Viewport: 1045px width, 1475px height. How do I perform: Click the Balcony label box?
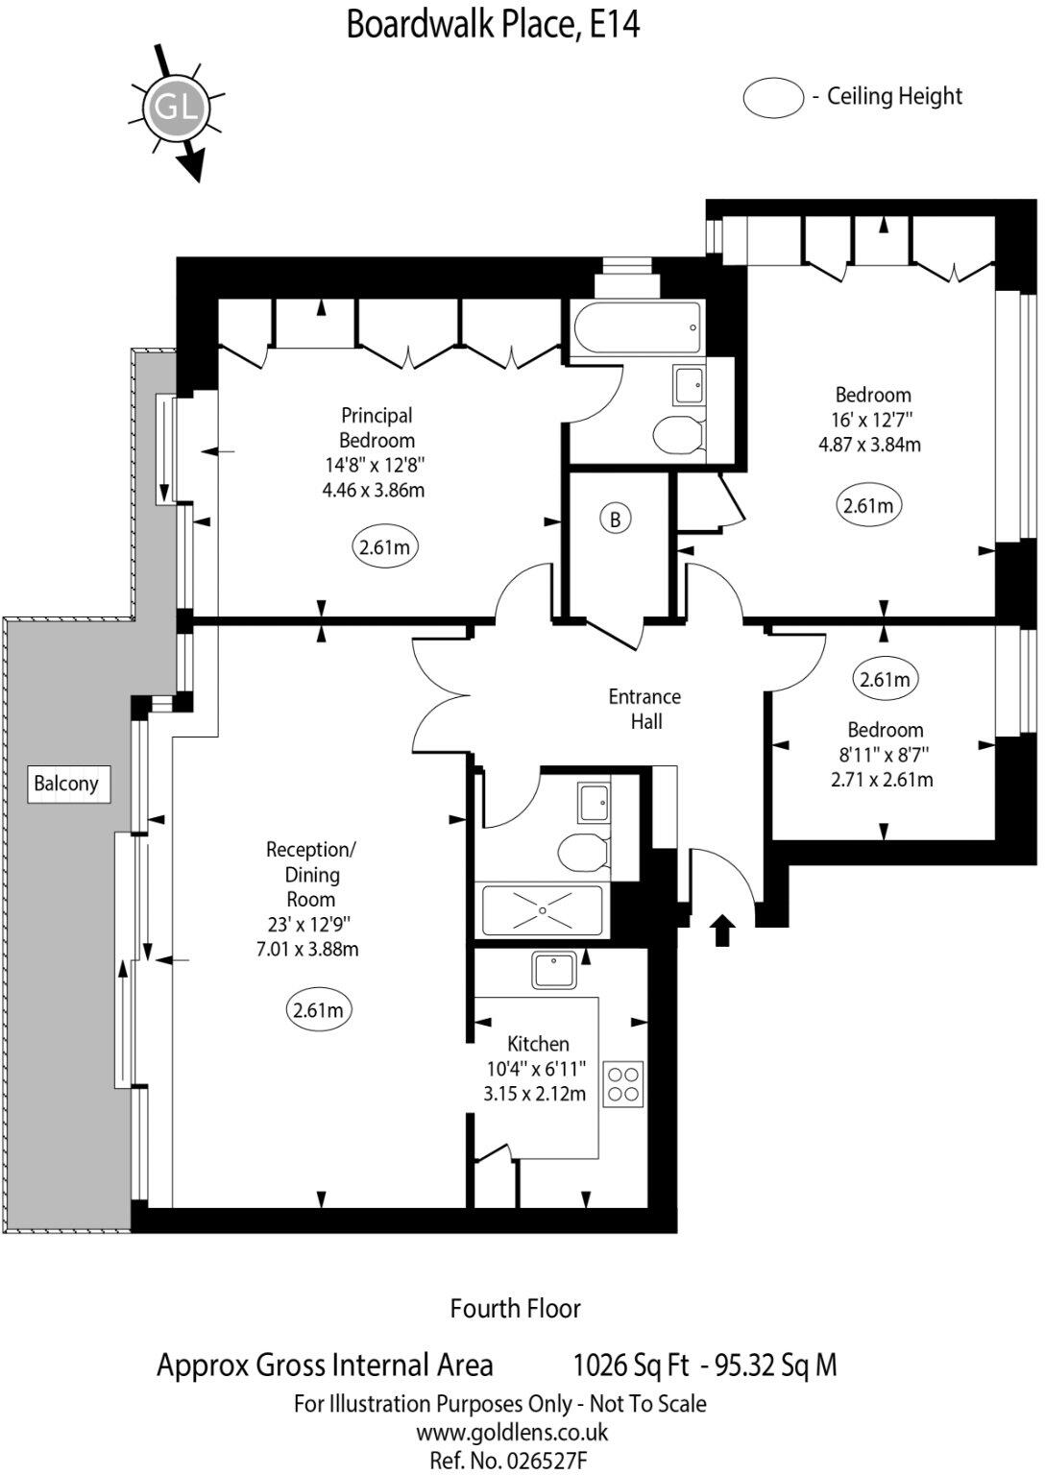[68, 784]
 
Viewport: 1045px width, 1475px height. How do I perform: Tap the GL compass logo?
[177, 107]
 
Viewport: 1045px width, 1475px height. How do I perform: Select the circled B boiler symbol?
[615, 520]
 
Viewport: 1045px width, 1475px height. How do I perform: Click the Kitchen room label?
[538, 1044]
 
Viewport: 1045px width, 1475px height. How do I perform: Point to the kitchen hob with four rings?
[623, 1084]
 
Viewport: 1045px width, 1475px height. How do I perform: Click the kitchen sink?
[554, 970]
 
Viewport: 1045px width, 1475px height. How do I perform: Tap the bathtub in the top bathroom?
[637, 327]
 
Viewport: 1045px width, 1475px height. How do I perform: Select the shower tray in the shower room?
[543, 910]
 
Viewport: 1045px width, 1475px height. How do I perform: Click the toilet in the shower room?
[583, 853]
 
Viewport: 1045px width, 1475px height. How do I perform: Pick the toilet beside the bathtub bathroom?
[680, 434]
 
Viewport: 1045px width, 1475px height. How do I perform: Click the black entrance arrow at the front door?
[723, 930]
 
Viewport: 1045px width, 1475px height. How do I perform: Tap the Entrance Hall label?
[644, 710]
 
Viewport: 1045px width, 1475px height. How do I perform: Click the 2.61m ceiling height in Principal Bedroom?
[385, 547]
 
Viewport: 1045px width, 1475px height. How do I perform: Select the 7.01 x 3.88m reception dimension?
[307, 950]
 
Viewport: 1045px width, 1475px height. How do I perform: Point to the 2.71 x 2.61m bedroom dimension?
[883, 780]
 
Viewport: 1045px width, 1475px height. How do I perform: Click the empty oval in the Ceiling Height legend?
[774, 98]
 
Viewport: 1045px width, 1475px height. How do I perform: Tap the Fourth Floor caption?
[516, 1309]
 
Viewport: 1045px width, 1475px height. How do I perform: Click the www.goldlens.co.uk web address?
[512, 1433]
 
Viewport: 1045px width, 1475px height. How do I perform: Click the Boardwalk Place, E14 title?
[493, 26]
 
